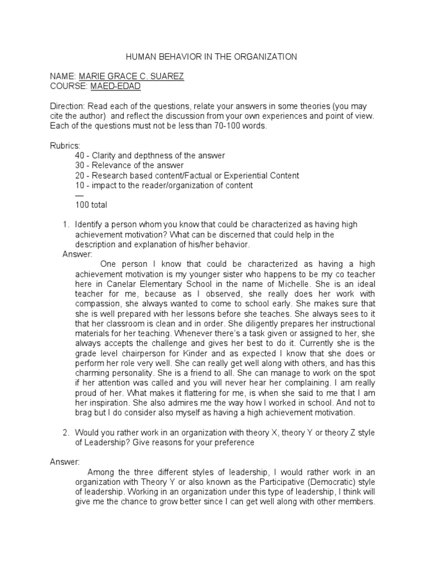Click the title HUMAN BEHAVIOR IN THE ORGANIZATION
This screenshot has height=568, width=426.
pyautogui.click(x=212, y=57)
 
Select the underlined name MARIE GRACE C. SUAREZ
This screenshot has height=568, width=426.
pyautogui.click(x=131, y=76)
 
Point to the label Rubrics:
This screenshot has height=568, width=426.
pyautogui.click(x=65, y=145)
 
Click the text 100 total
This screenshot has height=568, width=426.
pyautogui.click(x=91, y=205)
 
